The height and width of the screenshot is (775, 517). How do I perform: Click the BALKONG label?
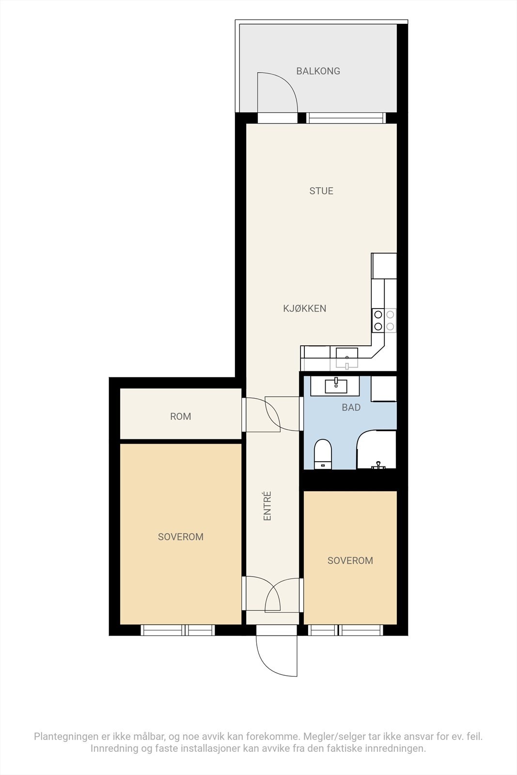click(318, 71)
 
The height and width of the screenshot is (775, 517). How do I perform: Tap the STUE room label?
click(321, 191)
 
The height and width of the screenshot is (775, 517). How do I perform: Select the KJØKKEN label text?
click(304, 308)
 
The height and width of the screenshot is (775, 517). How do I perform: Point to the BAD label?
click(351, 407)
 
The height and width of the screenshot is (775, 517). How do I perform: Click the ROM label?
click(180, 416)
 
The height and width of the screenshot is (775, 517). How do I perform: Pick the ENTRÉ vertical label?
click(267, 506)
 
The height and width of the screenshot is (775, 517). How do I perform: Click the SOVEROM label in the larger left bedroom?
click(180, 537)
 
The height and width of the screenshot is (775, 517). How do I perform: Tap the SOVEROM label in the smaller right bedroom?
click(350, 560)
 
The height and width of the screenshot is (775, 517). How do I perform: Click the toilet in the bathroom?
click(323, 454)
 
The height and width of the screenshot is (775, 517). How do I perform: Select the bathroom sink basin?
click(336, 386)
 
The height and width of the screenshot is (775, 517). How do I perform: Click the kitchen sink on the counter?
click(347, 356)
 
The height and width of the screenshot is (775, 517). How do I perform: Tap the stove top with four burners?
click(384, 320)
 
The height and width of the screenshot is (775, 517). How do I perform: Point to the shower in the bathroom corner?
click(376, 450)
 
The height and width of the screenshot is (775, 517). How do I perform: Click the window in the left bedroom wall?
click(178, 630)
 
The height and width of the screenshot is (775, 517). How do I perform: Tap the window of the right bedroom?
click(345, 630)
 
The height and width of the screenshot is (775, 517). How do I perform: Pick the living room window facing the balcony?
click(346, 118)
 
